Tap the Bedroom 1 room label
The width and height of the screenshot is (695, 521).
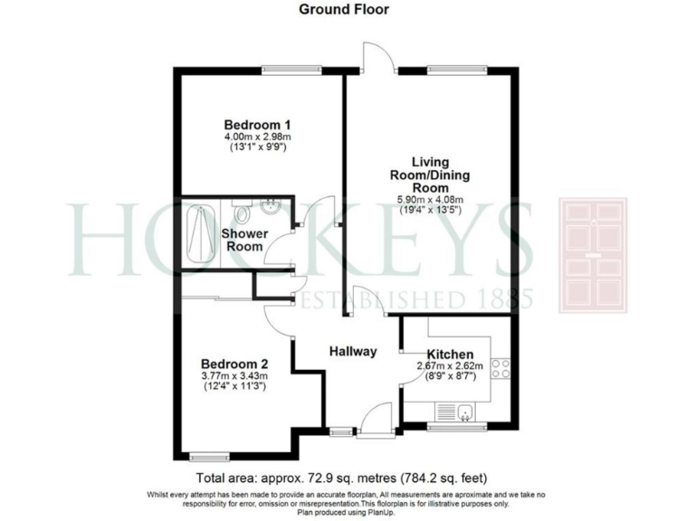coord(257,125)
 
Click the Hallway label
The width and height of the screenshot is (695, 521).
coord(352,351)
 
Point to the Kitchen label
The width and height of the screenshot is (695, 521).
coord(450,355)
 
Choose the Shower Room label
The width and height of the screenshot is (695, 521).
coord(244,240)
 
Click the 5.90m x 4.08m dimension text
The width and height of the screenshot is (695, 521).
coord(431,201)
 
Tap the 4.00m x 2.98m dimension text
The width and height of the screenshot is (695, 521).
coord(257,137)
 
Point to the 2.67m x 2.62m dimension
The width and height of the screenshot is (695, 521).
coord(450,366)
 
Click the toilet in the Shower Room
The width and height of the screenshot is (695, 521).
coord(242,213)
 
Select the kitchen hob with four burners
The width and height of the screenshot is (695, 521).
coord(500,368)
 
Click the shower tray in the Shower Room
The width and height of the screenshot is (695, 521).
coord(199,232)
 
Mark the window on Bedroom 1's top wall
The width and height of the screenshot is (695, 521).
coord(291,68)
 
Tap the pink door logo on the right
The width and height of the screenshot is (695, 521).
coord(593,255)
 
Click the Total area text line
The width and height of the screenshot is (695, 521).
coord(347,478)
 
